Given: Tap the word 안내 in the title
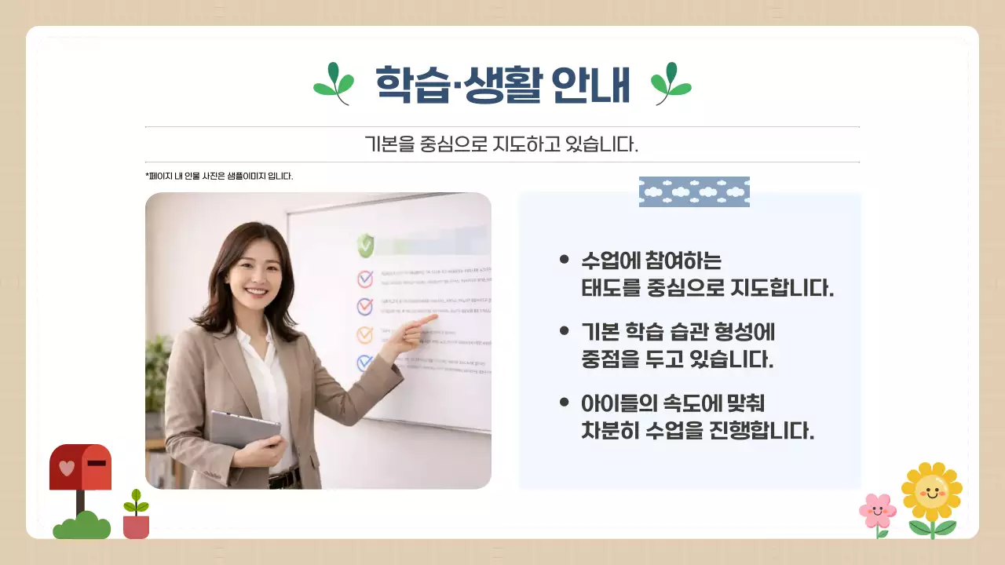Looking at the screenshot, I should pyautogui.click(x=590, y=83).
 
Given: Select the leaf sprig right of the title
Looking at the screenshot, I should pyautogui.click(x=671, y=83).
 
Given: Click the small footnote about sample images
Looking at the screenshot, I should pyautogui.click(x=219, y=176).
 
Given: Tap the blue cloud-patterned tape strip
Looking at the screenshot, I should pyautogui.click(x=694, y=191).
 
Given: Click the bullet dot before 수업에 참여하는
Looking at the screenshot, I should pyautogui.click(x=564, y=259).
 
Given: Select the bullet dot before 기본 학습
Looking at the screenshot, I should pyautogui.click(x=564, y=331).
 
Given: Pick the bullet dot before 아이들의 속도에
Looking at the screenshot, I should pyautogui.click(x=564, y=403).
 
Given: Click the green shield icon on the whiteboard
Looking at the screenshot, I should pyautogui.click(x=365, y=245).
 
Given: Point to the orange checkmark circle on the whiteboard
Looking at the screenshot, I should pyautogui.click(x=365, y=335).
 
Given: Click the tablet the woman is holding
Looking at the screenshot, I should pyautogui.click(x=244, y=428).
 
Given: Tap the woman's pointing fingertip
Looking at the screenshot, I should pyautogui.click(x=434, y=319).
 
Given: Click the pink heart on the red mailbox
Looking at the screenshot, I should pyautogui.click(x=67, y=468).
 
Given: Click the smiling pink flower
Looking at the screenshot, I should pyautogui.click(x=877, y=512).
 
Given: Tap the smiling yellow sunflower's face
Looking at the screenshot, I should pyautogui.click(x=932, y=492).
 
